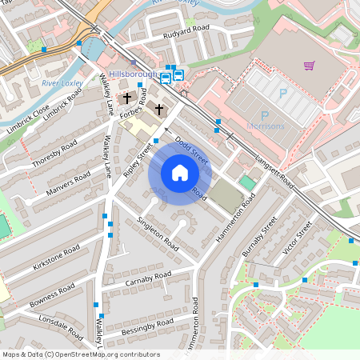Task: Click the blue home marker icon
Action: pos(180,173)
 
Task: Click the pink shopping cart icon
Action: pos(309,65)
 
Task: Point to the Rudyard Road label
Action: pos(186,31)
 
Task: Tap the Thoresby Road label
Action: pos(54,152)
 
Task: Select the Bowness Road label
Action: pos(51,292)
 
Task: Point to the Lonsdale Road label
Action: pos(61,326)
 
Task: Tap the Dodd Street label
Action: pos(191,150)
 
